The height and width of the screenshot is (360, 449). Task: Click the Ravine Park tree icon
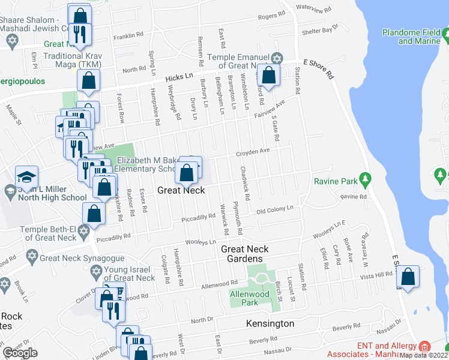(364, 179)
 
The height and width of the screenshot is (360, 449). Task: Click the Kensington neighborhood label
(270, 323)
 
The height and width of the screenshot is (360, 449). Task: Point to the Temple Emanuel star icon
(276, 58)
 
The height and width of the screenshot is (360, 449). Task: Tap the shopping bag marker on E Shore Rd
(408, 277)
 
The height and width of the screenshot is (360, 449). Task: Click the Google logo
(20, 353)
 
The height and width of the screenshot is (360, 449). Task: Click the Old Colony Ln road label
(274, 209)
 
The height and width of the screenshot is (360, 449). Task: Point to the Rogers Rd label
(270, 17)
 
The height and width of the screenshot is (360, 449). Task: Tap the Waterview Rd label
(309, 7)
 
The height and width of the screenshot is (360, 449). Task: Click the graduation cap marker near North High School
(27, 177)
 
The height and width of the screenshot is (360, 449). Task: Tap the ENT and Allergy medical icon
(424, 346)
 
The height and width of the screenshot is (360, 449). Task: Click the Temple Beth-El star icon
(84, 231)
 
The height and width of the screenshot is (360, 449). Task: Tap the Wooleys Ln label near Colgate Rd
(200, 242)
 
